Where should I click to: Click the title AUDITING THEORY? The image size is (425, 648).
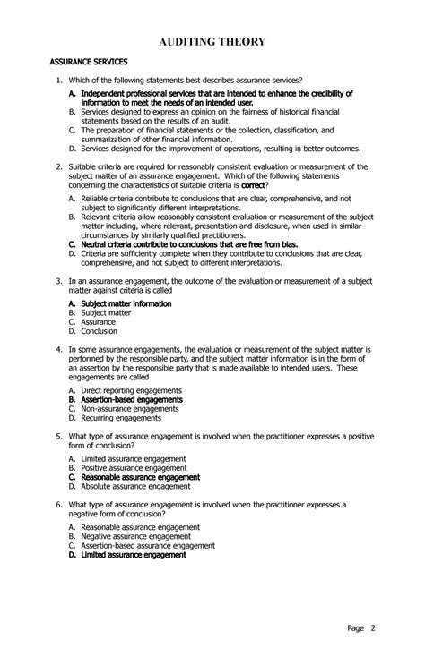point(212,41)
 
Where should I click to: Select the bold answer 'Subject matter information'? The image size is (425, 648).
point(126,304)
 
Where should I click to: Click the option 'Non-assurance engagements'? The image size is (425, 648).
point(129,408)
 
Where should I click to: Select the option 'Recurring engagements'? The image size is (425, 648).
point(121,417)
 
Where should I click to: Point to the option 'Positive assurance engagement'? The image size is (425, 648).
point(134,467)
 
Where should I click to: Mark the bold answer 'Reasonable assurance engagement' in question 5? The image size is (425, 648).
point(140,477)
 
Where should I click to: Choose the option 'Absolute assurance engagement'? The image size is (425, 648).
point(135,486)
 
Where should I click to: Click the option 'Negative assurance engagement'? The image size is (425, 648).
point(135,536)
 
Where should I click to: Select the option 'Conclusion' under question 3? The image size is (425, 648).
point(101,331)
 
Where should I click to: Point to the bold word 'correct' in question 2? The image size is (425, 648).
point(254,184)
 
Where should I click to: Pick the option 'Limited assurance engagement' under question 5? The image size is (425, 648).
point(134,458)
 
